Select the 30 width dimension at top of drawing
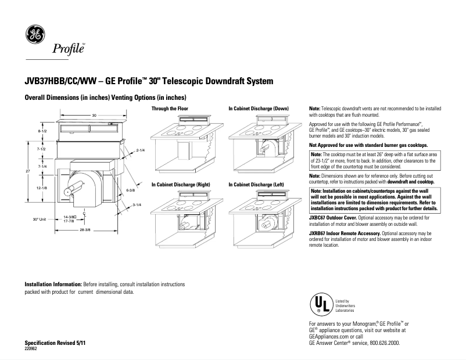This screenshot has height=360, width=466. coord(94,115)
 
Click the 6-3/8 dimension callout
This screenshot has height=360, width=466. coord(131,190)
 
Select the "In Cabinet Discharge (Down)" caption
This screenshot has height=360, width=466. coord(259,109)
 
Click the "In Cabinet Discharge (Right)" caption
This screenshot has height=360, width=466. coord(180,184)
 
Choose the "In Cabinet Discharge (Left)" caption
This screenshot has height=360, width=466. coord(258,184)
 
